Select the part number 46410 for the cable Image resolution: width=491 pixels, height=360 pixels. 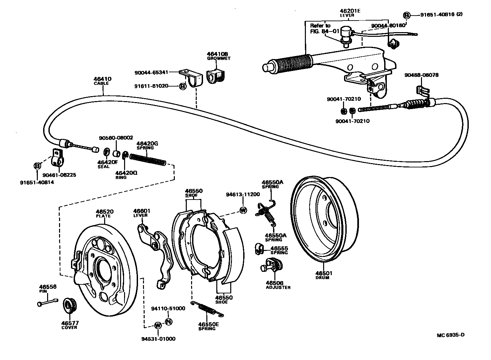click(103, 79)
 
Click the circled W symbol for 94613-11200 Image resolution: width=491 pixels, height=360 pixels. click(243, 210)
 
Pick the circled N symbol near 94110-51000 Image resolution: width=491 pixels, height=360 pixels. click(168, 322)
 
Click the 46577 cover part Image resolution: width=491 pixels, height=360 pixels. click(69, 305)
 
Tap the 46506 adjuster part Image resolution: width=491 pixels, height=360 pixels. click(272, 266)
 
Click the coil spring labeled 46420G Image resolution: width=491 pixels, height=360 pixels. click(148, 160)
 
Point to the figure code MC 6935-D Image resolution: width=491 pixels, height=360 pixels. click(451, 335)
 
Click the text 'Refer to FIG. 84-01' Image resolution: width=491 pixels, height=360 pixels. click(324, 29)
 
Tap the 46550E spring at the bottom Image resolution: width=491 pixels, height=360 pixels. click(207, 309)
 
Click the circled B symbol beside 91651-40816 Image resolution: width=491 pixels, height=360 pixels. click(406, 15)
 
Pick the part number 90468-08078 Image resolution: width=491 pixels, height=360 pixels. click(421, 75)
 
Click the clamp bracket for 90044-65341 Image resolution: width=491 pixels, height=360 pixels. click(191, 78)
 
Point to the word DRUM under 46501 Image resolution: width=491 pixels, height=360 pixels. click(322, 278)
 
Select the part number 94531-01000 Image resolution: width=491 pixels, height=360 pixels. click(158, 339)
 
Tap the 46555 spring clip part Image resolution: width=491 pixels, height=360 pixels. click(259, 249)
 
